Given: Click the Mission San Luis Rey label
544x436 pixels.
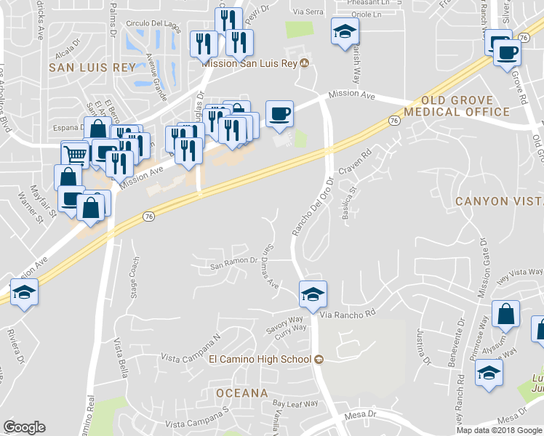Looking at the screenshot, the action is coord(249,63).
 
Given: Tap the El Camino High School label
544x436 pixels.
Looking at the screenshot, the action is coord(260,359).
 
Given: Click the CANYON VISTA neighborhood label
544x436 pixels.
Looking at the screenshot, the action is coord(500,201).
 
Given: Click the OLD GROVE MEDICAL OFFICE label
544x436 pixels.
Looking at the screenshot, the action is coord(457,106).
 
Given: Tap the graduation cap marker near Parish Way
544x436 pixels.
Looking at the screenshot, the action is coord(345,31).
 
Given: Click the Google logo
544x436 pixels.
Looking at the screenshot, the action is coord(24,427).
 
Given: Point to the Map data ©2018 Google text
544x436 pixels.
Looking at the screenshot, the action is coord(499,430).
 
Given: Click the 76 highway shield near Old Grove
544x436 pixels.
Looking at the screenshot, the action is coord(393,120).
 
